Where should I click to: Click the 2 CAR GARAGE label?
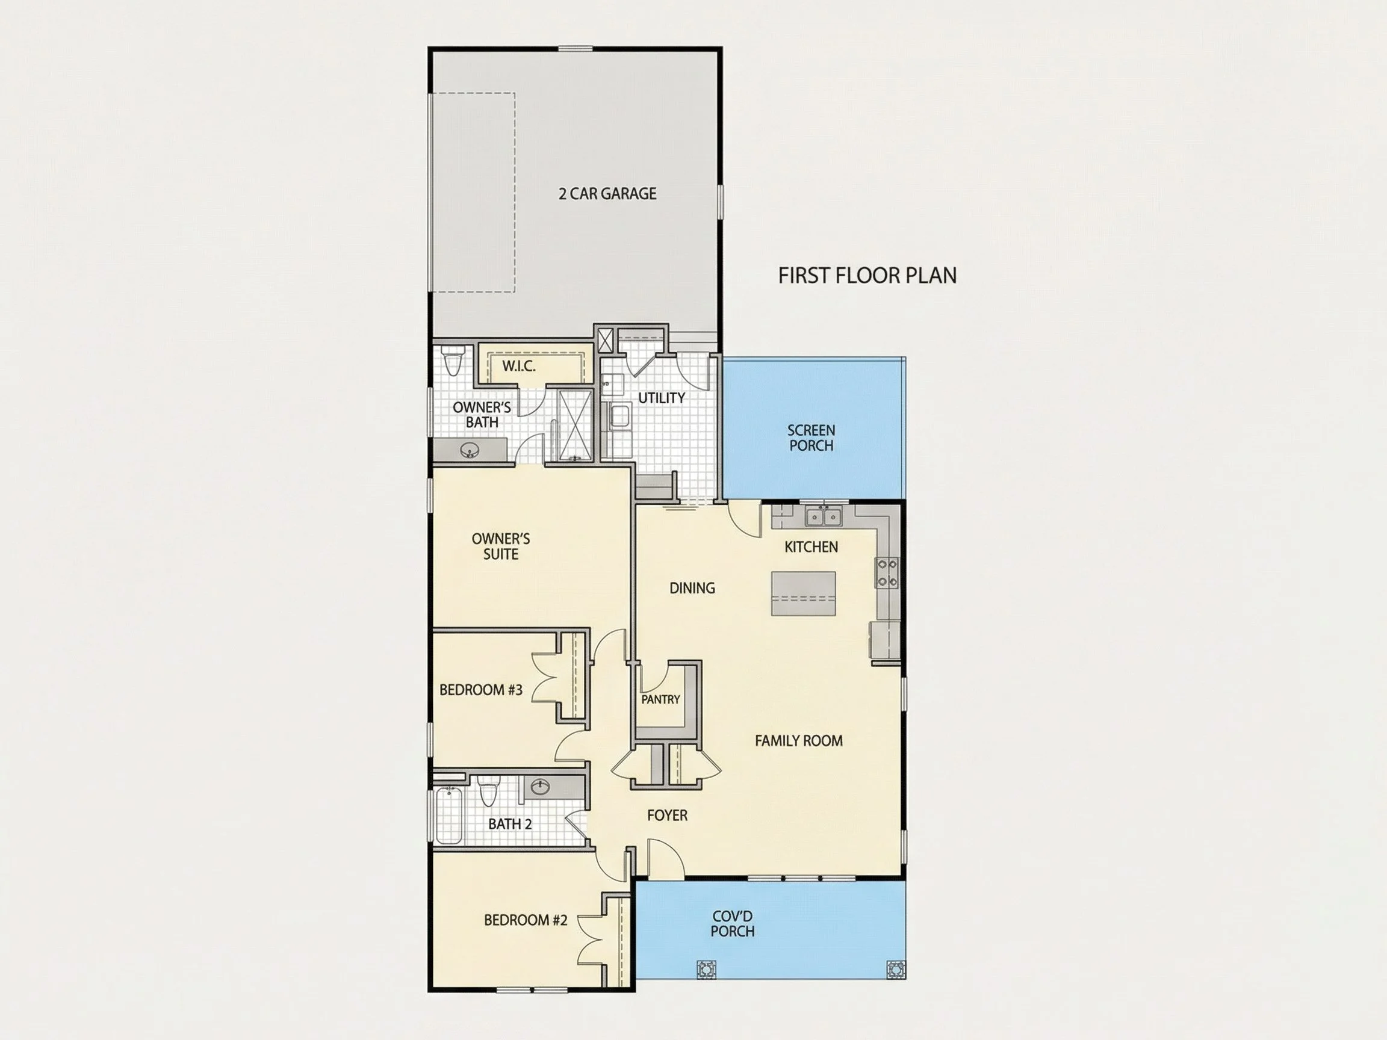click(607, 194)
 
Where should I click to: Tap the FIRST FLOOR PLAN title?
click(867, 276)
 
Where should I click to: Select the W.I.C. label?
click(518, 366)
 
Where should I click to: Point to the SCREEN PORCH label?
click(811, 438)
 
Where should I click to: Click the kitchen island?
click(803, 593)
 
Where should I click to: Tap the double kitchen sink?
click(824, 516)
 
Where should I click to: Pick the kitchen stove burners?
click(887, 573)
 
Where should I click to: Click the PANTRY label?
click(660, 699)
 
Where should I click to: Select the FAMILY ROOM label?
click(798, 740)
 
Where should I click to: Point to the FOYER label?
click(667, 815)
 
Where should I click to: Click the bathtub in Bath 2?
click(448, 816)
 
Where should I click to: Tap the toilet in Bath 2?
click(488, 791)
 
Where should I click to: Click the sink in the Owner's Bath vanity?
click(470, 450)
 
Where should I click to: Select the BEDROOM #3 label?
click(481, 690)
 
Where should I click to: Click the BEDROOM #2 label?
click(526, 920)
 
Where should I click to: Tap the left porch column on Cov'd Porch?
click(706, 968)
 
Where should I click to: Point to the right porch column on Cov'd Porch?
click(895, 968)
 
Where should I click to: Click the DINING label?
click(692, 588)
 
